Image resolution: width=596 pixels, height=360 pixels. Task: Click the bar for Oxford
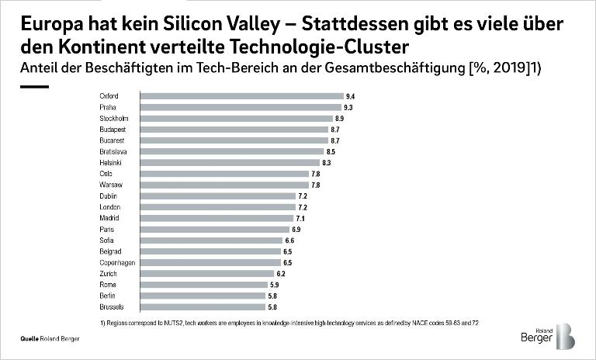tap(241, 96)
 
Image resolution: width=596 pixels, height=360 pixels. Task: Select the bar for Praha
tap(240, 107)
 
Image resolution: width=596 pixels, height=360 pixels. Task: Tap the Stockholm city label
tap(113, 118)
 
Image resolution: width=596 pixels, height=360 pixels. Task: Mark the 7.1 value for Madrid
tap(300, 219)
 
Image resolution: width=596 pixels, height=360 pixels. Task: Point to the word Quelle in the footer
tap(31, 340)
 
